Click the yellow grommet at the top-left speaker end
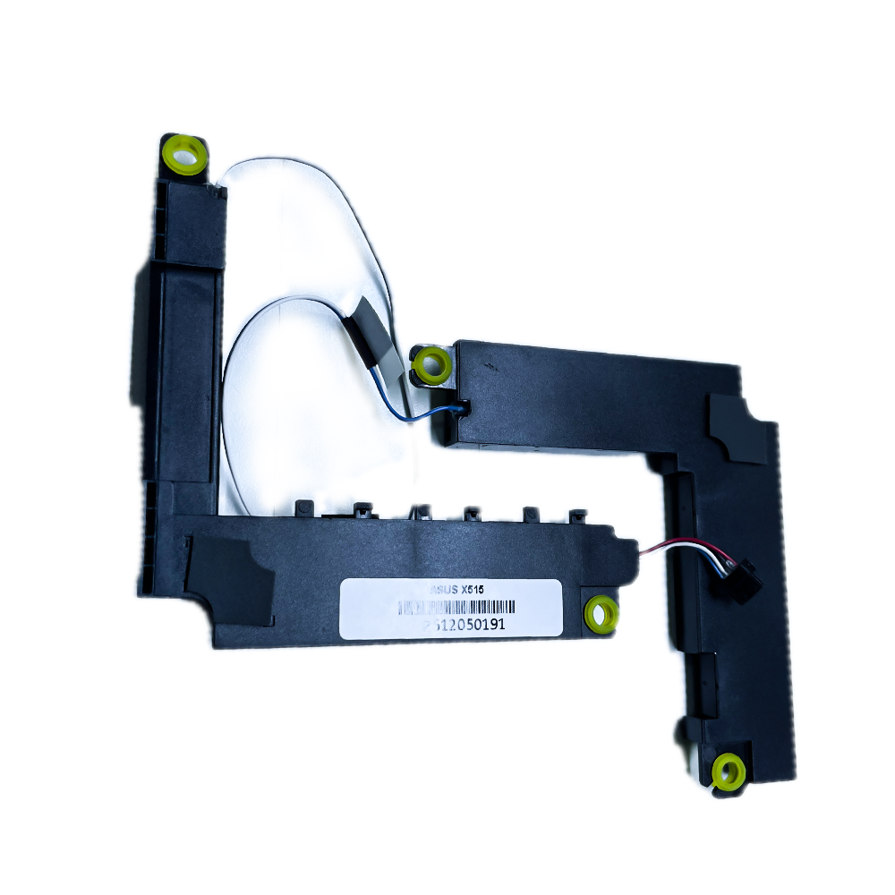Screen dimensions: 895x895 [x=184, y=154]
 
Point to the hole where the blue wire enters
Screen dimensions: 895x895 [x=464, y=407]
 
